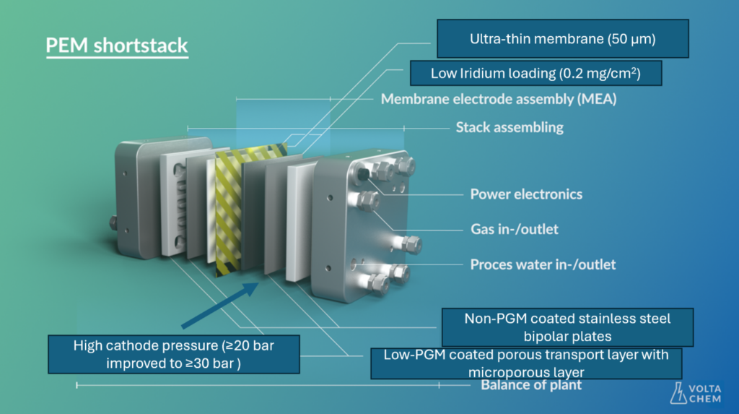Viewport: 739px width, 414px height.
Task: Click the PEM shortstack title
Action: (x=117, y=46)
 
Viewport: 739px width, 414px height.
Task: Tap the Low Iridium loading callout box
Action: (x=535, y=73)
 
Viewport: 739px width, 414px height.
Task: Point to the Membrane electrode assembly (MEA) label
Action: (x=499, y=99)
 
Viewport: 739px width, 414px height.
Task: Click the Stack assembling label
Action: (x=510, y=127)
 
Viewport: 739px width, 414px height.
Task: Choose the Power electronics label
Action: (x=526, y=194)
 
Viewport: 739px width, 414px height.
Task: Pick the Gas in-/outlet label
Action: (x=514, y=229)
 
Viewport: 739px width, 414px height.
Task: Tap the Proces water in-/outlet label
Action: (x=543, y=264)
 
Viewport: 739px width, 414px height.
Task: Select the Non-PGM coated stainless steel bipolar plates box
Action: (x=567, y=327)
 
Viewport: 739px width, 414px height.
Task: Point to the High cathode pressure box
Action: (x=174, y=354)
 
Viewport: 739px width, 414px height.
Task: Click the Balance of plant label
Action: (x=531, y=385)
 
